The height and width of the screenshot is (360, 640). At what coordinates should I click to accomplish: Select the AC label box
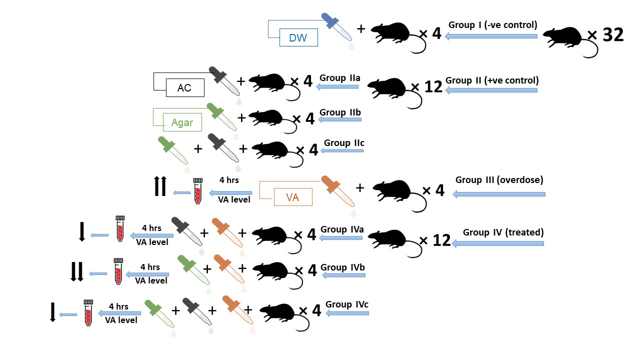185,88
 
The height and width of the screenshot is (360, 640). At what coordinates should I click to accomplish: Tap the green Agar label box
182,122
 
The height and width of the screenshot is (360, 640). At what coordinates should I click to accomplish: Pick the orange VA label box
292,197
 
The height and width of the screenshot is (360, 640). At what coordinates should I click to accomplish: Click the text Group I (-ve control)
492,25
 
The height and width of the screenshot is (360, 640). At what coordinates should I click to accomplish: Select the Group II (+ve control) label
491,80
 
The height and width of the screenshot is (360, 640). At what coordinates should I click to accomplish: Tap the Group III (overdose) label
499,180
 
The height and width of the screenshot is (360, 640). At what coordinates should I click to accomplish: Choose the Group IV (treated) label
503,232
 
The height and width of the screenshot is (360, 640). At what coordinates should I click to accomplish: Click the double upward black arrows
159,186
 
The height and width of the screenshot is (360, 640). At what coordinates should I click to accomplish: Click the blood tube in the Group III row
197,191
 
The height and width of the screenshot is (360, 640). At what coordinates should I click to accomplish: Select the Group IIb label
340,112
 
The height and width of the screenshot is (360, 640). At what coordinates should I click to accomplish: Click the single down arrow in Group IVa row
82,231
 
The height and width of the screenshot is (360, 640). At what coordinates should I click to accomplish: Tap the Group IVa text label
342,229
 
